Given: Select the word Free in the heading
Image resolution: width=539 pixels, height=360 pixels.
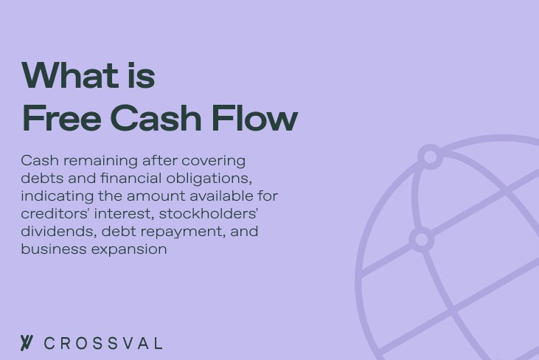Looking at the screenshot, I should point(60,118).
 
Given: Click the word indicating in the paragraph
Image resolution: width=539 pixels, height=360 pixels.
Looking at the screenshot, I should point(47,196).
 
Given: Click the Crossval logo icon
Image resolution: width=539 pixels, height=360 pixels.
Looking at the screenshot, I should point(27,343).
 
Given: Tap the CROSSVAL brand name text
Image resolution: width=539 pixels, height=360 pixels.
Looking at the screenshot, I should point(103,344).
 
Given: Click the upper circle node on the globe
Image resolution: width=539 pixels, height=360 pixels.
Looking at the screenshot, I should point(430,156).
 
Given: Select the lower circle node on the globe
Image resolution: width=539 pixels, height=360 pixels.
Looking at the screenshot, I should point(421,240).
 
